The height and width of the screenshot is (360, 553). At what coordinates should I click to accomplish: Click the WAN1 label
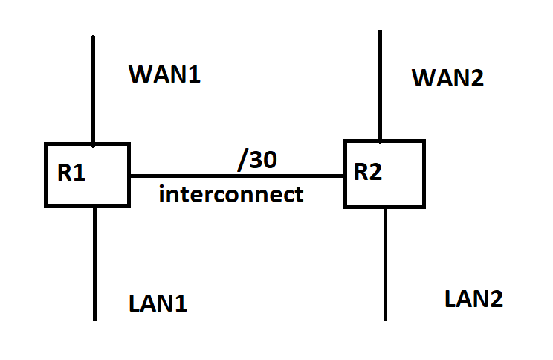click(x=164, y=74)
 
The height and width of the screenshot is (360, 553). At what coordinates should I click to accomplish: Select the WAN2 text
click(x=447, y=77)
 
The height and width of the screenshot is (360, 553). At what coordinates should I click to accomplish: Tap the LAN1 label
click(x=158, y=303)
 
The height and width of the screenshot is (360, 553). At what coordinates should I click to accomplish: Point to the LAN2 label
click(x=473, y=299)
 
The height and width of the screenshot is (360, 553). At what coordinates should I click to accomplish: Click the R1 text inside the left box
click(x=71, y=175)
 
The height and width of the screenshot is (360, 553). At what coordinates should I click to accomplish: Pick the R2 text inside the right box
click(x=368, y=173)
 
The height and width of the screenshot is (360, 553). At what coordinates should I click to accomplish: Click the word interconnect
click(x=231, y=195)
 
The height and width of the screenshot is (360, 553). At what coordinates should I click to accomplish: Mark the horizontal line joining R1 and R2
click(x=236, y=176)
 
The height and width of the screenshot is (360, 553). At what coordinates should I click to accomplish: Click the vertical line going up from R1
click(x=93, y=89)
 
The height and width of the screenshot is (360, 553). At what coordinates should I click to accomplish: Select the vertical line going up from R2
click(x=381, y=86)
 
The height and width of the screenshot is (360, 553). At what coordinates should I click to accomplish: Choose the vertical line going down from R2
click(x=385, y=264)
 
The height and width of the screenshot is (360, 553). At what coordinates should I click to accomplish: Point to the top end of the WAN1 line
click(x=93, y=36)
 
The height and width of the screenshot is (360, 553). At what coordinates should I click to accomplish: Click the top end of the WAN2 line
click(x=381, y=32)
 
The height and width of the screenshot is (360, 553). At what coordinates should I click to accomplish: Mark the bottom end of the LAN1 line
click(x=95, y=319)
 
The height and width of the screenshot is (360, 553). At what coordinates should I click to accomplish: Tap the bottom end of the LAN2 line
click(x=385, y=319)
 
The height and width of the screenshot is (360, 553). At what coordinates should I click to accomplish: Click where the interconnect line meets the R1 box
click(x=130, y=176)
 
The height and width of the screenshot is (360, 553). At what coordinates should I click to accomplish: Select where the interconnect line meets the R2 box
click(x=345, y=176)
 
